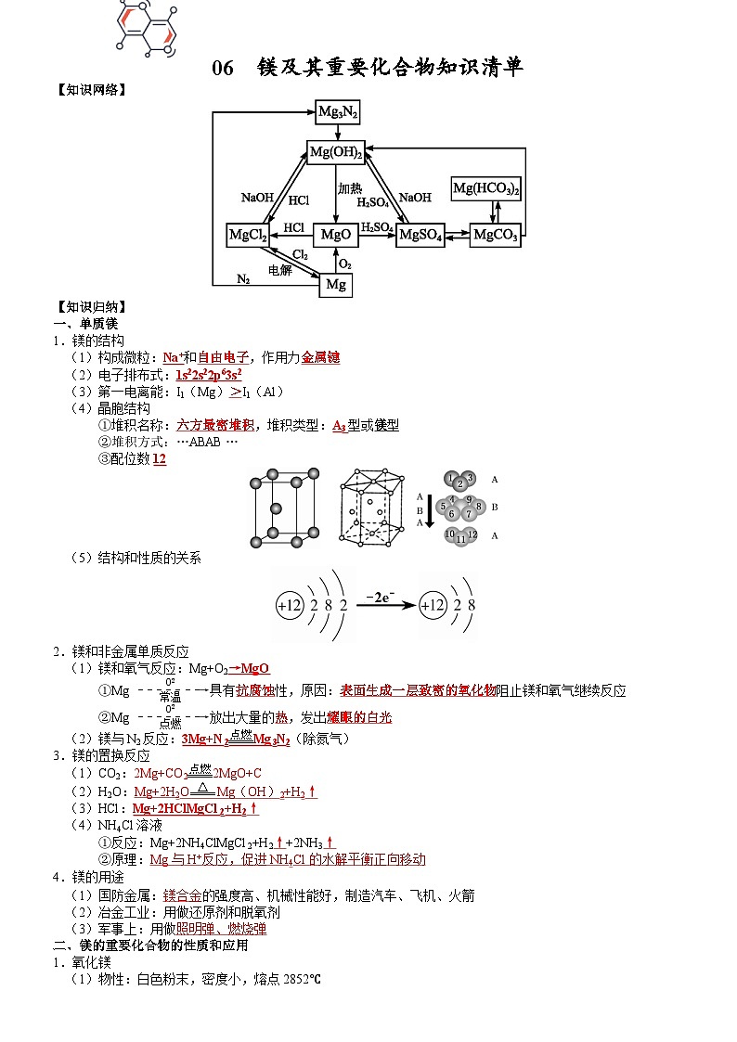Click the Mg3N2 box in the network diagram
(337, 112)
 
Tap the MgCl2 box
(247, 235)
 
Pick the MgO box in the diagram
(335, 235)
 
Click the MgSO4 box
(420, 235)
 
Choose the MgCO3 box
(495, 235)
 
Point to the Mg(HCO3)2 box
(486, 188)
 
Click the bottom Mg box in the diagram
(336, 285)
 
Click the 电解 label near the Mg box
(280, 269)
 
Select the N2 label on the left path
(243, 278)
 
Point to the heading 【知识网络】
(90, 90)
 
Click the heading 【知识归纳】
(90, 307)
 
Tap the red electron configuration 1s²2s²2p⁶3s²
(209, 375)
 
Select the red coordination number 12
(160, 458)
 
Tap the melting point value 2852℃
(302, 979)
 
